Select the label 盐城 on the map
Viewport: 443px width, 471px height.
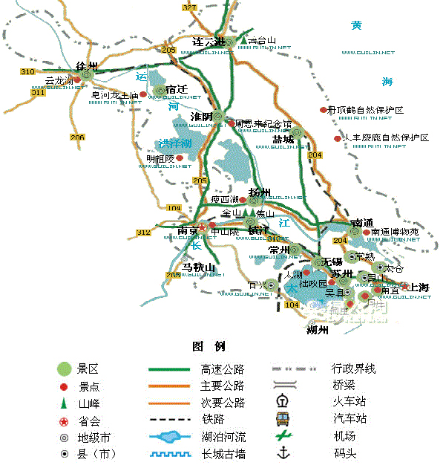click(x=283, y=139)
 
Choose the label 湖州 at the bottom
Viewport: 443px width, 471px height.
click(x=317, y=330)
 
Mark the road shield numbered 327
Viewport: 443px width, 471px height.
click(x=189, y=7)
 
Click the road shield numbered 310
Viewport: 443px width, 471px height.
click(x=28, y=72)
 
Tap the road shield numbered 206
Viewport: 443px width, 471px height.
click(x=78, y=137)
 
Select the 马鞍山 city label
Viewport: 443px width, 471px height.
click(x=198, y=267)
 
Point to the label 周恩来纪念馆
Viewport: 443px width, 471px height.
click(x=263, y=124)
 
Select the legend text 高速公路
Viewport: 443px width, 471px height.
click(x=222, y=368)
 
